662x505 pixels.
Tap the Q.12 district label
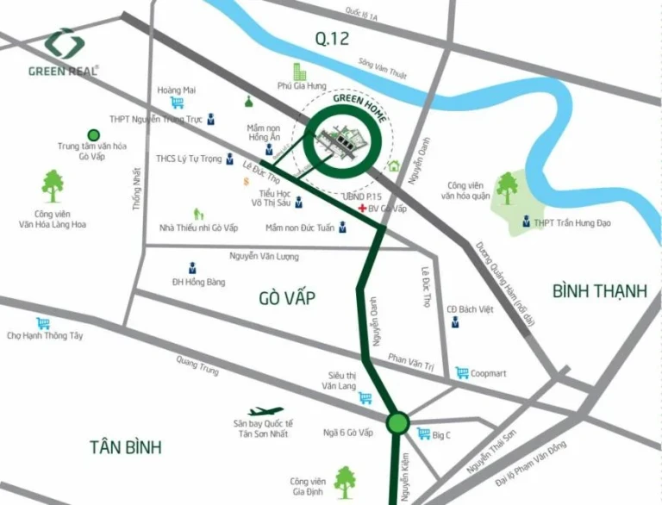332,37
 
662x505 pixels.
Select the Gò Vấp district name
286,298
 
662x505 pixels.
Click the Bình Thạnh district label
600,290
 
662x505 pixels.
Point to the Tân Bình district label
126,446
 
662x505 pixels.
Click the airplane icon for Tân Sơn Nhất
265,412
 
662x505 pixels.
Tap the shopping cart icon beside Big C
423,433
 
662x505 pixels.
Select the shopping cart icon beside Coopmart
463,372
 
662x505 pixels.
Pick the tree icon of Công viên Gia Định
345,477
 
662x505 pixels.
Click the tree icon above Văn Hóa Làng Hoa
53,182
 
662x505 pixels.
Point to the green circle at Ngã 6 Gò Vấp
397,423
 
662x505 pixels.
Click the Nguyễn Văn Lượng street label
263,256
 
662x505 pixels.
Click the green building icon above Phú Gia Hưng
299,70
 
